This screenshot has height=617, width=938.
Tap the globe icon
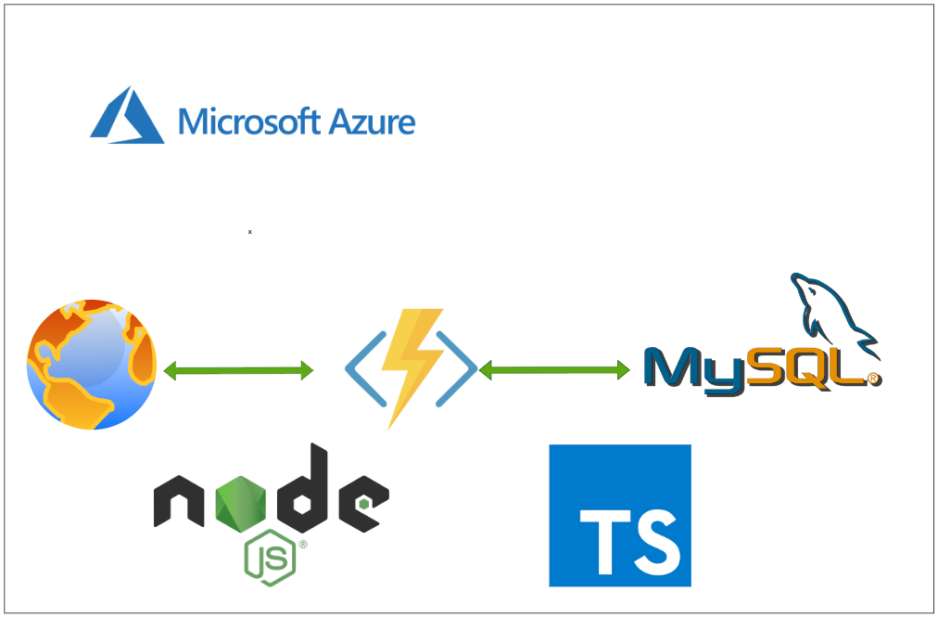pyautogui.click(x=92, y=365)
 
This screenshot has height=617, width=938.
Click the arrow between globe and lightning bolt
pyautogui.click(x=238, y=371)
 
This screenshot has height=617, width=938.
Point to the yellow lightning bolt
pyautogui.click(x=410, y=366)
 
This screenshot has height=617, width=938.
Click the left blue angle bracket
pyautogui.click(x=358, y=369)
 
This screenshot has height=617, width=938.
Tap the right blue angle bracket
pyautogui.click(x=463, y=369)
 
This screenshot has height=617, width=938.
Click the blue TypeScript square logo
pyautogui.click(x=619, y=515)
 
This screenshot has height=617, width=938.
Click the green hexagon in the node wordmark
pyautogui.click(x=243, y=501)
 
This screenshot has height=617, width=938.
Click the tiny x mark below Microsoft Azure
pyautogui.click(x=249, y=231)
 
